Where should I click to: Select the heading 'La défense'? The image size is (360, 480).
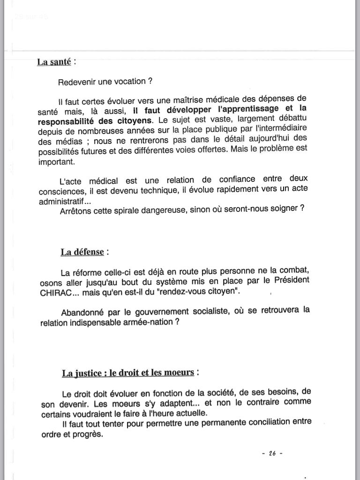tap(82, 252)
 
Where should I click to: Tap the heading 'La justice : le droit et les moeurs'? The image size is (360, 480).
tap(127, 373)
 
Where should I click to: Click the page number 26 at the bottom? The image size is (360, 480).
tap(271, 453)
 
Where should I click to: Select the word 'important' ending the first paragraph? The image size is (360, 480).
tap(57, 162)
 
